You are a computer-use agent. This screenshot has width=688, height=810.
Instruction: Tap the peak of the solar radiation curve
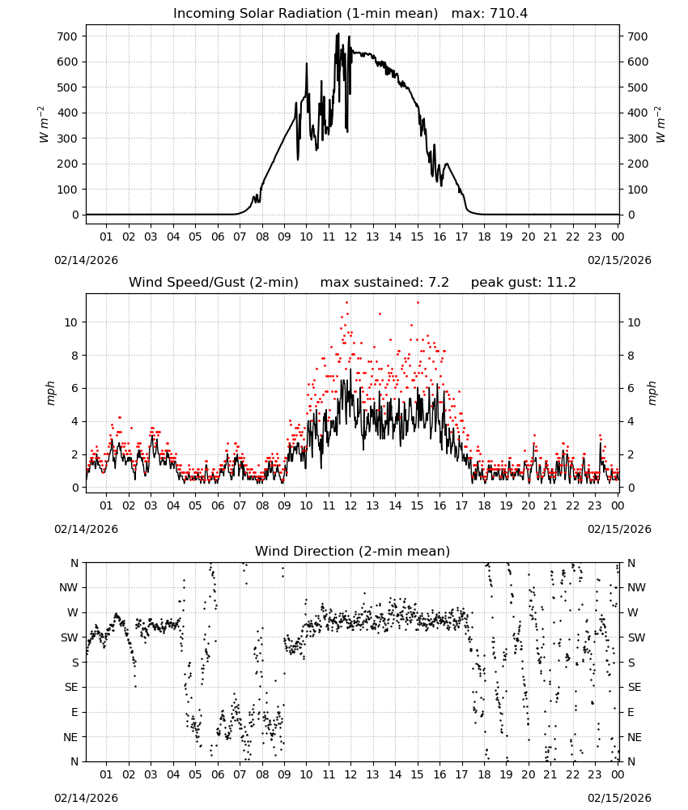[338, 33]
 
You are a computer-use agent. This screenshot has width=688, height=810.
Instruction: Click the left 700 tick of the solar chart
[67, 36]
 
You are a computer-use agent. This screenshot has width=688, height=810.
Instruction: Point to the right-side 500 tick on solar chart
[638, 87]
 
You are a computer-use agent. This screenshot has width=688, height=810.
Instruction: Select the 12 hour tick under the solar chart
[350, 237]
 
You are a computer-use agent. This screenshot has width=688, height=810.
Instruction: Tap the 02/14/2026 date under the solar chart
[86, 260]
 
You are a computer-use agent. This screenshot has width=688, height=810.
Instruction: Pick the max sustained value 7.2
[439, 283]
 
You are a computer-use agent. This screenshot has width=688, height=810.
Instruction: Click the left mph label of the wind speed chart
[50, 393]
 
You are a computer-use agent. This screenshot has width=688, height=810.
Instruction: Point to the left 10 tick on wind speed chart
[71, 322]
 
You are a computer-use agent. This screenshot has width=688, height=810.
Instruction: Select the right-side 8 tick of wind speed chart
[631, 356]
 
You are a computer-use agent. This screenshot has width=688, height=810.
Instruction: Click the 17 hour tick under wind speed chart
[461, 505]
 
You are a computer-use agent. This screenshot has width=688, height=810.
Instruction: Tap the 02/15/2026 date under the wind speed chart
[619, 529]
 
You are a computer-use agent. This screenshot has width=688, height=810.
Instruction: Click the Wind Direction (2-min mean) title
[353, 551]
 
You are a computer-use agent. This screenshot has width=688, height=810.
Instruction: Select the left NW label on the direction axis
[69, 587]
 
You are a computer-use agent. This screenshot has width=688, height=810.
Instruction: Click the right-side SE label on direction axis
[635, 687]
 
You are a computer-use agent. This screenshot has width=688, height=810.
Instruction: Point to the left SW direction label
[70, 637]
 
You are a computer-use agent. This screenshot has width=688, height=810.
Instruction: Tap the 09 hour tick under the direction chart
[284, 774]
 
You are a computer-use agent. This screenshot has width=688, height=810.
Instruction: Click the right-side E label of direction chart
[631, 712]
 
